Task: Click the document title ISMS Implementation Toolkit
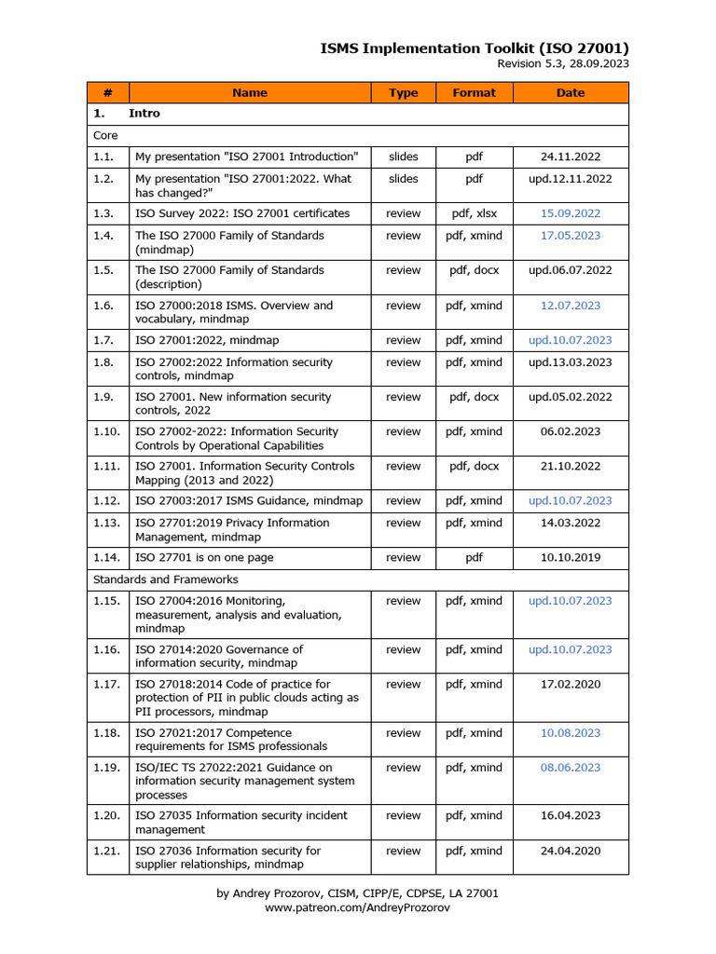click(x=475, y=48)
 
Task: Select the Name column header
click(x=249, y=92)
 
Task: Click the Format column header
click(x=474, y=92)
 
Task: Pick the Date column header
click(x=571, y=92)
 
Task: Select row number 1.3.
click(x=103, y=213)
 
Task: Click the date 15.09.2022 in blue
click(x=571, y=213)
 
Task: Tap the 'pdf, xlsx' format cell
click(x=474, y=213)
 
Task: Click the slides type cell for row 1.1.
click(x=403, y=156)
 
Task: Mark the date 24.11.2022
click(x=571, y=156)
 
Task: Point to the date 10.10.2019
click(x=571, y=557)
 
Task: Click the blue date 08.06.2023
click(x=571, y=768)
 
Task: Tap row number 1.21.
click(x=106, y=851)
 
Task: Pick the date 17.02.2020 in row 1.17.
click(x=571, y=684)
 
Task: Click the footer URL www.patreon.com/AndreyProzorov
click(x=357, y=907)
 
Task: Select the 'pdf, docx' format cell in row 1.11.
click(x=474, y=466)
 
